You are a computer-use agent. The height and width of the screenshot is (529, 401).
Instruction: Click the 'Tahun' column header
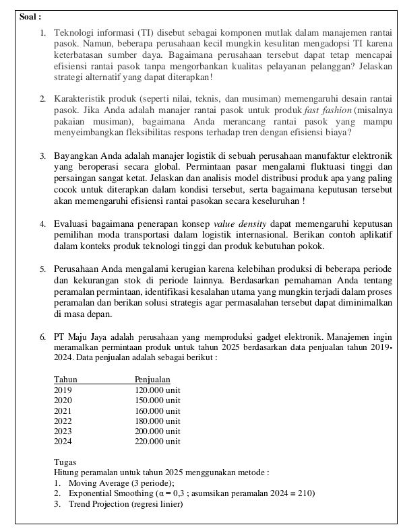coord(65,380)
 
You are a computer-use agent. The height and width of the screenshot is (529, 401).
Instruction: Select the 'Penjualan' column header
coord(152,380)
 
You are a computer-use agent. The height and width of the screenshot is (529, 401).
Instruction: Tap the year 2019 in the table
coord(63,390)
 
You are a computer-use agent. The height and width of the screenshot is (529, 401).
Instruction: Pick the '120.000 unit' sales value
coord(157,390)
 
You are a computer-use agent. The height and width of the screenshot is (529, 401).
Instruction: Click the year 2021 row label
coord(63,411)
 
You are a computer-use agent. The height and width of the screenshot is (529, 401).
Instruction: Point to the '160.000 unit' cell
coord(157,411)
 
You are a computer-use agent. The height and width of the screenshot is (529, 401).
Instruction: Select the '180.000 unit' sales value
coord(157,421)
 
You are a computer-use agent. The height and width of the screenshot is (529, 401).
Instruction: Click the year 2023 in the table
coord(63,431)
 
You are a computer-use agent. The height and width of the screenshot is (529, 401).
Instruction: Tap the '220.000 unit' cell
coord(157,442)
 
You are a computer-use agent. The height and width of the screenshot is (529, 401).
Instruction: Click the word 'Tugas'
coord(65,462)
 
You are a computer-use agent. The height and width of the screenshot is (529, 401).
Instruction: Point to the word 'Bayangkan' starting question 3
coord(75,155)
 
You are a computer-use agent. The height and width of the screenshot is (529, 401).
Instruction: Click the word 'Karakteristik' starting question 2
coord(78,99)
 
